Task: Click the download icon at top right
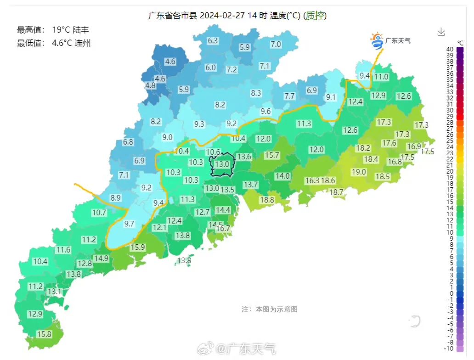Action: [x=441, y=32]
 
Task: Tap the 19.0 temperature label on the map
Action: [x=359, y=172]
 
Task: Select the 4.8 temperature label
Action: [x=150, y=85]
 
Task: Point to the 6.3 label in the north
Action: [x=213, y=40]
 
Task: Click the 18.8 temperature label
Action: [x=267, y=200]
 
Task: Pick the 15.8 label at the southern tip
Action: [x=44, y=334]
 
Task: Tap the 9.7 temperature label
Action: [x=129, y=224]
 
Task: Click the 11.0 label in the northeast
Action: [x=381, y=77]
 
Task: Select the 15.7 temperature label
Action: [x=272, y=155]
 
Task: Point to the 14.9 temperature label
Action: [x=101, y=258]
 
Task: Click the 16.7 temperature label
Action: [x=223, y=228]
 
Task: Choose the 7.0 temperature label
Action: [x=276, y=44]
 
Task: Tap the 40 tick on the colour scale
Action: [x=450, y=49]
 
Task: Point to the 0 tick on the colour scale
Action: [x=452, y=293]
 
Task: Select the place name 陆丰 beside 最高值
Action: [x=81, y=30]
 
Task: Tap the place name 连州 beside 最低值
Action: [x=82, y=43]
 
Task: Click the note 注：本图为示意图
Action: [x=270, y=309]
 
